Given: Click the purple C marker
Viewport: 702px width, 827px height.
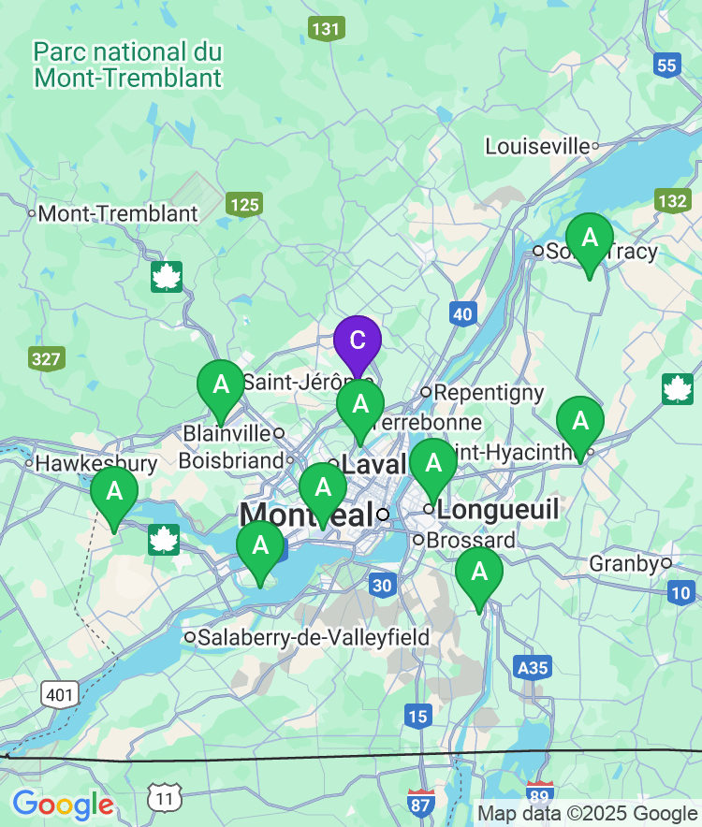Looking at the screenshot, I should (x=358, y=341).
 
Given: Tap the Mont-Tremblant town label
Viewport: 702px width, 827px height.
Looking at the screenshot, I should (x=118, y=214).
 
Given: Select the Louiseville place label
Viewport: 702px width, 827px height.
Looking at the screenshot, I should (x=538, y=146).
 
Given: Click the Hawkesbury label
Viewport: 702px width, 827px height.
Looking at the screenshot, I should (x=96, y=463).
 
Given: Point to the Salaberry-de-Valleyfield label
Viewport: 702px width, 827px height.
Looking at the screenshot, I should (x=313, y=638).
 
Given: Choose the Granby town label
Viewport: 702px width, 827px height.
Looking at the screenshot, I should (x=624, y=563).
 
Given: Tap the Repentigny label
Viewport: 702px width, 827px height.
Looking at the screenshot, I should (x=489, y=392).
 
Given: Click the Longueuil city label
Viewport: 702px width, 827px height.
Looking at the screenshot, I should (x=498, y=510).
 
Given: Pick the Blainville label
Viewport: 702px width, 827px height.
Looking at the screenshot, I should (x=227, y=433).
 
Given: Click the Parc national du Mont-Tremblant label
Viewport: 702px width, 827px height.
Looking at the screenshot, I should (x=127, y=64).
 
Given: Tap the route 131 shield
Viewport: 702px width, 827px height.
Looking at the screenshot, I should (x=326, y=29).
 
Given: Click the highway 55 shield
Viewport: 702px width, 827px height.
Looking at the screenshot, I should (x=666, y=65).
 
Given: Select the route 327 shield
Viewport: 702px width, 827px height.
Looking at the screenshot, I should (x=46, y=358).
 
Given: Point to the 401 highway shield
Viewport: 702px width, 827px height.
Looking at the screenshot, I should (x=60, y=694).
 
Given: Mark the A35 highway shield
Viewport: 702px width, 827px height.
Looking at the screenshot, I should (x=533, y=667).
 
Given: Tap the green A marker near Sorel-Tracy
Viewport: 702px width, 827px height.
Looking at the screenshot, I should (x=590, y=239).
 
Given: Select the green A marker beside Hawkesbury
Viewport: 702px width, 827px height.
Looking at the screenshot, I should (x=114, y=492).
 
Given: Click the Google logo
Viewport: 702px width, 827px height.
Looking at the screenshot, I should (x=63, y=804).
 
